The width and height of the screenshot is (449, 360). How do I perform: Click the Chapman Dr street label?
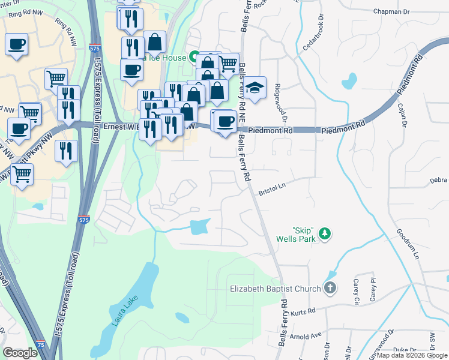391,11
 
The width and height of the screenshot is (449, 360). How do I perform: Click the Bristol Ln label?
271,192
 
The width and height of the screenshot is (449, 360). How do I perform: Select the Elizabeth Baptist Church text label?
276,289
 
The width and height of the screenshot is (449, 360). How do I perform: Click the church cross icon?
330,289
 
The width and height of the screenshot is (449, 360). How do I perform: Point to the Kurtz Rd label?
303,311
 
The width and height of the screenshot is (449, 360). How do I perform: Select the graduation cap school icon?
255,88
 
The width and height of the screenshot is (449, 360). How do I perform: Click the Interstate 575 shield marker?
84,220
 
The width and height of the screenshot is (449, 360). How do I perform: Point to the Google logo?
20,353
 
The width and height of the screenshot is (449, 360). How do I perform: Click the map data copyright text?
412,355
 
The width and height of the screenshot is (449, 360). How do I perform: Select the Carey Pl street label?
373,289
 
